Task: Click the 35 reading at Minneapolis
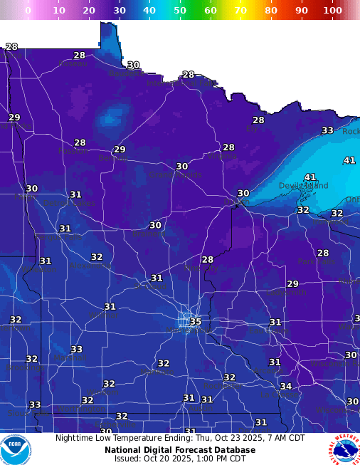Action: click(196, 322)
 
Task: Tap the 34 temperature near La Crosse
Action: click(285, 387)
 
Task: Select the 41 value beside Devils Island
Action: click(309, 177)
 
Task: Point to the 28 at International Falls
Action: click(188, 75)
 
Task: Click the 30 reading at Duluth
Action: click(243, 194)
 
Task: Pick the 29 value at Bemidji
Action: click(120, 150)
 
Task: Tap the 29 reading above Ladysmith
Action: click(292, 284)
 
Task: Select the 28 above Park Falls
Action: click(323, 254)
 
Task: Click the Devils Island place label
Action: click(304, 186)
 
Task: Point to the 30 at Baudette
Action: click(133, 65)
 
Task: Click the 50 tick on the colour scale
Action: click(180, 11)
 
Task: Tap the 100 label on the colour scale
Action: click(332, 11)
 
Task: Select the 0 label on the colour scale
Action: click(28, 11)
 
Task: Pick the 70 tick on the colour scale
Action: click(240, 11)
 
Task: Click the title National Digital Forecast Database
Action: click(179, 450)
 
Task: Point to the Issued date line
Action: click(179, 459)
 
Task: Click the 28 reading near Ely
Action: click(258, 120)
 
